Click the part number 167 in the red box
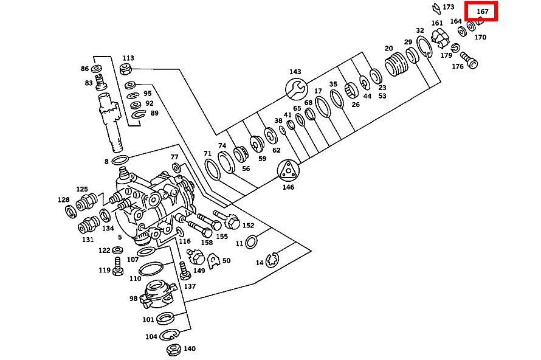pos(483,12)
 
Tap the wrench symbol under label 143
pos(296,89)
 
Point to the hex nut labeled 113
pos(128,68)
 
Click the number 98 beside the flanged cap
pos(134,299)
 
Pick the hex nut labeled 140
pos(172,350)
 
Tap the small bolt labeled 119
pos(118,267)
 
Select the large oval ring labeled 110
pos(151,269)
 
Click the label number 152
pos(248,226)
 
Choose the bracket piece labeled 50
pos(213,260)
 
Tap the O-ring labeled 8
pos(121,161)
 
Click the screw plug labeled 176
pos(470,60)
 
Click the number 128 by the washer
pos(64,200)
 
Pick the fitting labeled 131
pos(88,225)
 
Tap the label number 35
pos(333,85)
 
